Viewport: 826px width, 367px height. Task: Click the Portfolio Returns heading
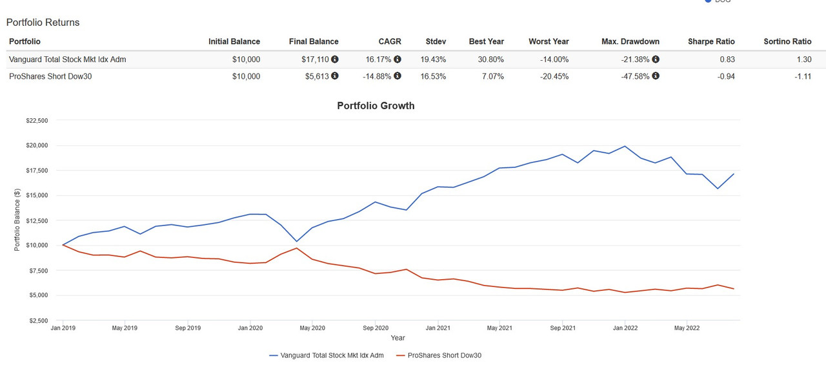[x=43, y=23]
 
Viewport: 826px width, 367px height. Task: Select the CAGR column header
[x=390, y=41]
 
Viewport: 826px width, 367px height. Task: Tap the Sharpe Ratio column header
[x=711, y=41]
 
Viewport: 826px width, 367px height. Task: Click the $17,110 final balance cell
[x=315, y=59]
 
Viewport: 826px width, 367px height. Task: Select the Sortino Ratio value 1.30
[x=803, y=59]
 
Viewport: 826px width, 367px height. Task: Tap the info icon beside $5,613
[x=335, y=76]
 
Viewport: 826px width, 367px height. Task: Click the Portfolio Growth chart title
[x=376, y=106]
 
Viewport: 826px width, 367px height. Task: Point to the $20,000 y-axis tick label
[x=37, y=145]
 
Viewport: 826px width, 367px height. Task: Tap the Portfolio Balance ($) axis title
[x=17, y=220]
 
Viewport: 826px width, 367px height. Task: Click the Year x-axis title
[x=398, y=338]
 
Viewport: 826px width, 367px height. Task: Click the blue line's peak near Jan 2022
[x=625, y=146]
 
